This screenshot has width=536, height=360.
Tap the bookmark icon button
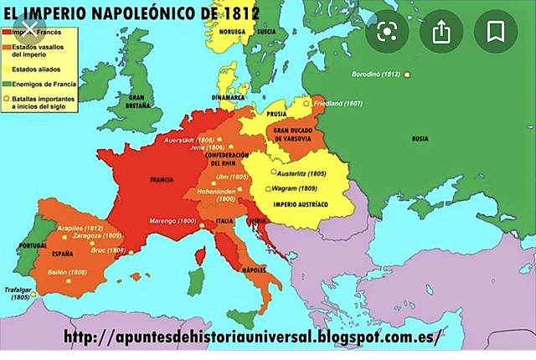[x=496, y=32]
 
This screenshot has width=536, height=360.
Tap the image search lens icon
[x=386, y=32]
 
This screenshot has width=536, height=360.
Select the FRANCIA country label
[x=161, y=180]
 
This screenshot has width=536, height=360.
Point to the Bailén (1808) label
[x=66, y=272]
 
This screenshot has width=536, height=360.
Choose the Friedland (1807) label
[x=338, y=103]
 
